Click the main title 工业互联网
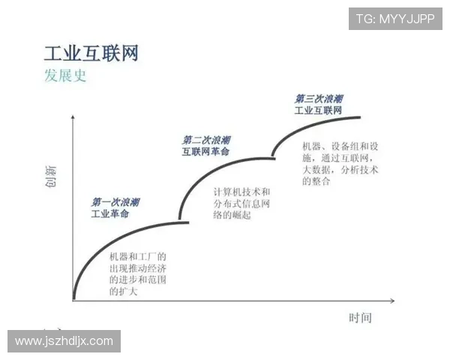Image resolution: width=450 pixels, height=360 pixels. (91, 53)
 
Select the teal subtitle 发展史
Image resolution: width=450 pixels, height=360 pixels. (65, 76)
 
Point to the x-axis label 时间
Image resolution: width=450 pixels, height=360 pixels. (359, 318)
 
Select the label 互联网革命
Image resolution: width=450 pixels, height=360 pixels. (205, 151)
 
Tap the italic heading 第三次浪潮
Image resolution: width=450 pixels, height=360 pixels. (319, 99)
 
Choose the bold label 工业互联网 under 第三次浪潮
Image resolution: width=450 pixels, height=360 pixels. (318, 110)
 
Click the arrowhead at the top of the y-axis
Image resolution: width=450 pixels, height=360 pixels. (73, 118)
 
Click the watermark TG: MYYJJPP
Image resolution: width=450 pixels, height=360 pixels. (395, 19)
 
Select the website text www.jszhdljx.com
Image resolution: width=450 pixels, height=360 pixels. (64, 341)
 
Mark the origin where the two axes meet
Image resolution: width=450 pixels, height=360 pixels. (73, 301)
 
